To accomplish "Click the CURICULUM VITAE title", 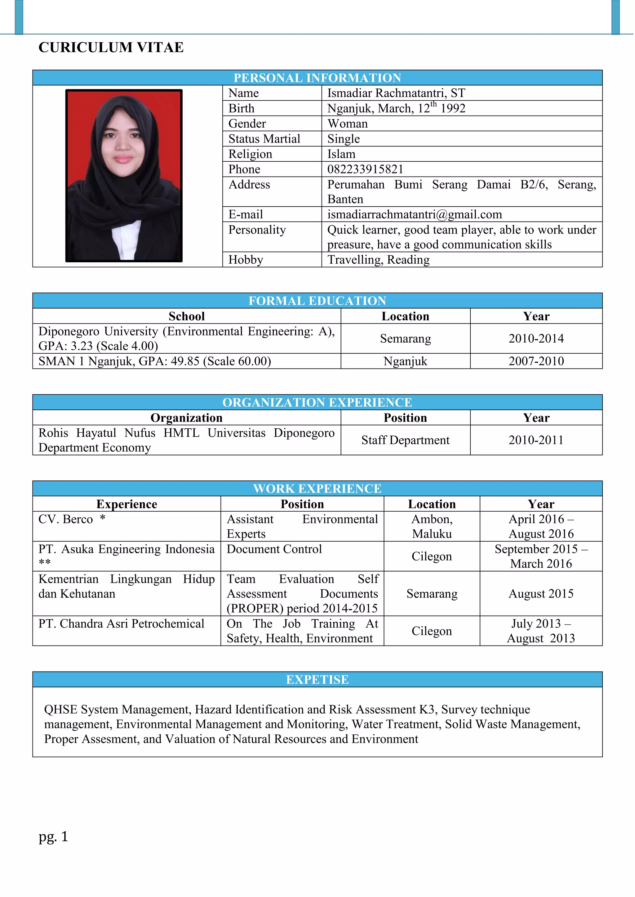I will (111, 47).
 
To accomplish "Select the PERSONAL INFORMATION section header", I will (317, 78).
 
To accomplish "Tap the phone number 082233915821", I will (365, 169).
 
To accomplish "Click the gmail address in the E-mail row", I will (415, 214).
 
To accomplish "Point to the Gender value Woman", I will (348, 124).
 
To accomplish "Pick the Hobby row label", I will (246, 260).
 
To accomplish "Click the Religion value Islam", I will (341, 154).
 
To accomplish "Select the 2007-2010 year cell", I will (536, 361).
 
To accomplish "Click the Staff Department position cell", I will (406, 440).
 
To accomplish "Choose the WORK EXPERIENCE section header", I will (317, 488).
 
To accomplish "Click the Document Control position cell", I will (274, 549).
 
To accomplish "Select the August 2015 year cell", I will (541, 593).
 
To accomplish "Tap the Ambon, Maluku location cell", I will (432, 526).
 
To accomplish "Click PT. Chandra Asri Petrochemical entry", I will (121, 624).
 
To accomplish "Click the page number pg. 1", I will (54, 836).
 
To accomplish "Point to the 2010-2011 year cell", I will (536, 440).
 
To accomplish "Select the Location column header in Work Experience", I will (432, 504).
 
